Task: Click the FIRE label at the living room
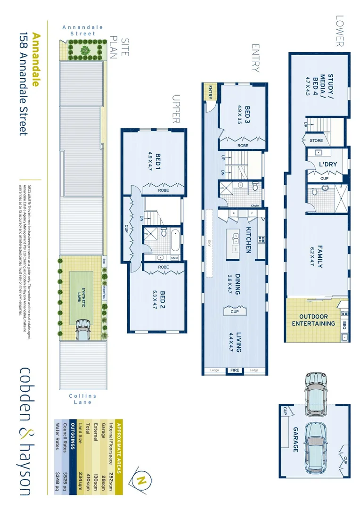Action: pos(235,370)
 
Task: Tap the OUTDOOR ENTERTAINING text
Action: pos(313,320)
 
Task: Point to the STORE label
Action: pos(316,140)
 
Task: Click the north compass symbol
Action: pos(140,480)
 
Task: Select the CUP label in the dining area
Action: pos(234,312)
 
